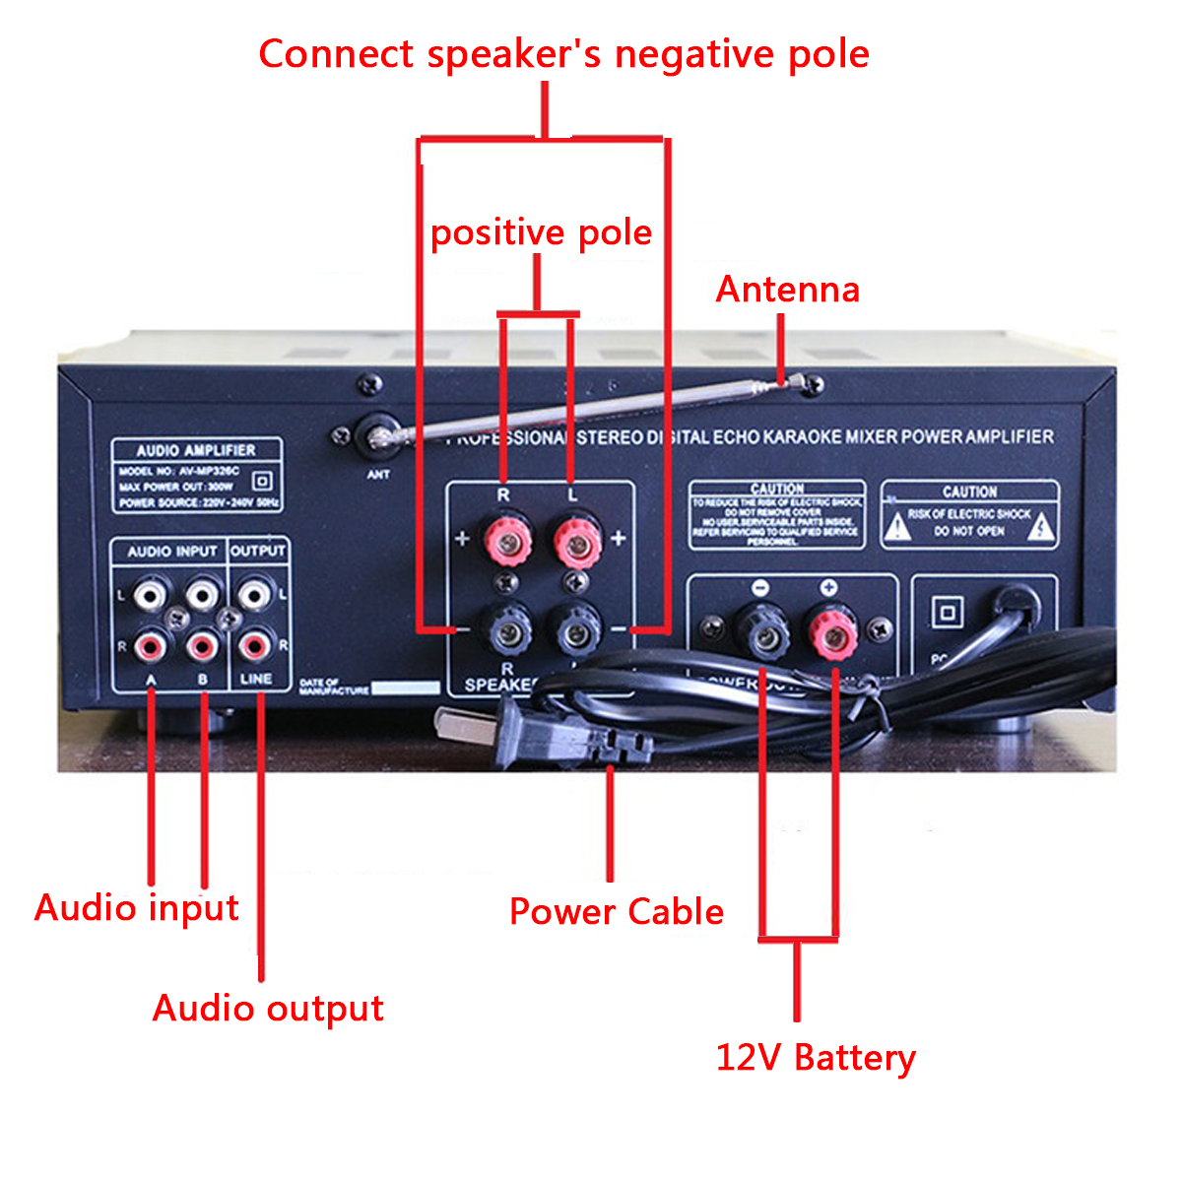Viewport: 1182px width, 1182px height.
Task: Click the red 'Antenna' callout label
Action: [x=787, y=290]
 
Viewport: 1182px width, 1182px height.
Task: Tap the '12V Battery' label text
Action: [x=816, y=1058]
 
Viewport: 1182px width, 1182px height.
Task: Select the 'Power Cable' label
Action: [x=617, y=912]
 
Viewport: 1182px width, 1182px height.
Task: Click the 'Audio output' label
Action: [x=268, y=1009]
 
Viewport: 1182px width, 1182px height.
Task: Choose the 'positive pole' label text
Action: [x=542, y=233]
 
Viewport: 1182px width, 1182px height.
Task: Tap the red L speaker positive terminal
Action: [x=576, y=539]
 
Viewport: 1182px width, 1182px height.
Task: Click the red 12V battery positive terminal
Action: [x=831, y=632]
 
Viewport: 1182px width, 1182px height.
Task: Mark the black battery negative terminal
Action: [x=762, y=632]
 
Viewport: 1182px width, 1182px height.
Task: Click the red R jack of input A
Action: [x=150, y=646]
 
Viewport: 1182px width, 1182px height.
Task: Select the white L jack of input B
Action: [x=202, y=594]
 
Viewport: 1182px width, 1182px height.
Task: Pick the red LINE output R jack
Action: [x=254, y=646]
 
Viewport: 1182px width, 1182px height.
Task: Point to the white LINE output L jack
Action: [x=254, y=594]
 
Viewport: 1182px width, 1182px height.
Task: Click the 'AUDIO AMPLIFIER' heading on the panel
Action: [x=196, y=450]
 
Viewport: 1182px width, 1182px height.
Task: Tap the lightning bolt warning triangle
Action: [x=1040, y=529]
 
